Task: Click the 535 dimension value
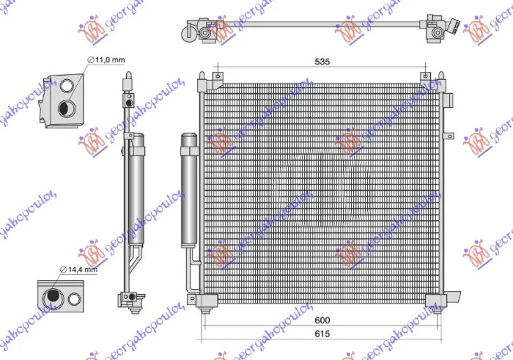(322, 62)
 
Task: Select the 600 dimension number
(322, 320)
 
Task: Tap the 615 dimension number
(322, 334)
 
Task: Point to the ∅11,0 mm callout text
(106, 60)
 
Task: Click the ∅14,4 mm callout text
(78, 270)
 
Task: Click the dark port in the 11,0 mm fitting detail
(67, 108)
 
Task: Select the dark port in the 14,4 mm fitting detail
(52, 296)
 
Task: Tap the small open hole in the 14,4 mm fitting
(74, 299)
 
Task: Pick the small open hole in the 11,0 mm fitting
(67, 85)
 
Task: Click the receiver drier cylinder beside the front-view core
(189, 190)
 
